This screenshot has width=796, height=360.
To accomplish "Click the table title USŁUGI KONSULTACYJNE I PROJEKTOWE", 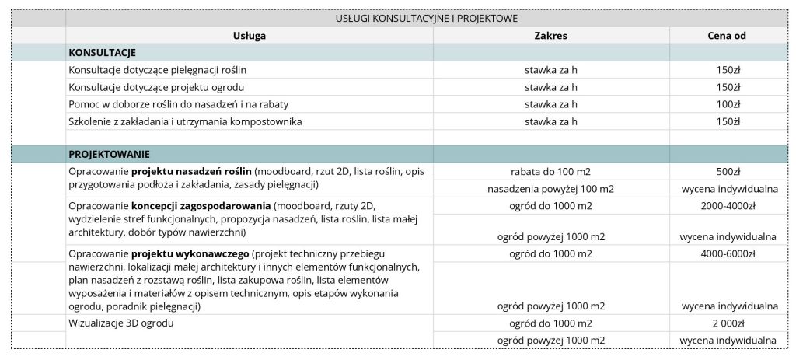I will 426,18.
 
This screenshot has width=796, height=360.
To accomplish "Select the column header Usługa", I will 250,36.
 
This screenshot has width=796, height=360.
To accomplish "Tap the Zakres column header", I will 550,36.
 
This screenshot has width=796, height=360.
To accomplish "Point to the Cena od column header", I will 728,36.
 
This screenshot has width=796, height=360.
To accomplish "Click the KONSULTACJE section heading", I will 103,53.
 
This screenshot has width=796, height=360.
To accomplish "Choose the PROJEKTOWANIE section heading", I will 110,154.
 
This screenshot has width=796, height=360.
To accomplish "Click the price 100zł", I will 728,104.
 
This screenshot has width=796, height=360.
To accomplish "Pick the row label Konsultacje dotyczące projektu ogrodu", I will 156,87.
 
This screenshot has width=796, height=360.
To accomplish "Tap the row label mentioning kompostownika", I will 185,121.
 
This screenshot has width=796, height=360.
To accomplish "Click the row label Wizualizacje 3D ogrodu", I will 121,323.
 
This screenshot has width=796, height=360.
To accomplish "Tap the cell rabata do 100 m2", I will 550,171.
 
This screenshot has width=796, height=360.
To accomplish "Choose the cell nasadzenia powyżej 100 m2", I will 550,188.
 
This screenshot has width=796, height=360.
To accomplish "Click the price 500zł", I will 728,171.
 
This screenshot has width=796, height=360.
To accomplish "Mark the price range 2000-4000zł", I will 728,206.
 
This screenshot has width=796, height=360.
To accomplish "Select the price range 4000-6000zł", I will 728,253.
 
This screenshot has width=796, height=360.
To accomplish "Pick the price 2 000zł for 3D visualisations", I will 728,323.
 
